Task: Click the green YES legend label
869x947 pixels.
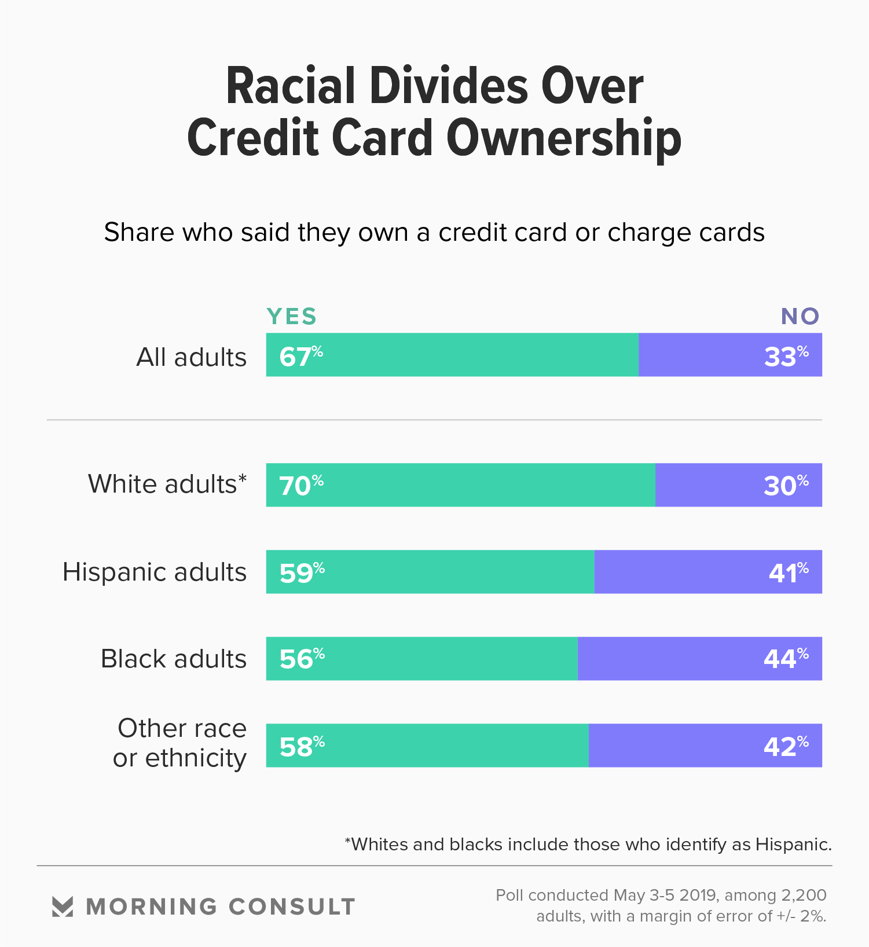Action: [x=292, y=317]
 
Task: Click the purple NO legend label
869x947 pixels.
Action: [x=800, y=317]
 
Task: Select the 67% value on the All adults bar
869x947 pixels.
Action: [x=300, y=356]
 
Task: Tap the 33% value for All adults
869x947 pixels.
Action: [x=786, y=356]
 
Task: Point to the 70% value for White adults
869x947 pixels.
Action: [x=301, y=485]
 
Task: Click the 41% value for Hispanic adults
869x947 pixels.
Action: [x=788, y=572]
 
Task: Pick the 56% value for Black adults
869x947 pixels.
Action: [x=302, y=659]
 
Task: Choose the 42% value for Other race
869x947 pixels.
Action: [x=786, y=746]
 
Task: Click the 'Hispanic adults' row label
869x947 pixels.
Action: [x=155, y=572]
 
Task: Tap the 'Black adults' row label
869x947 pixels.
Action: [x=174, y=659]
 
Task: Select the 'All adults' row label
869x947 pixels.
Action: [x=191, y=357]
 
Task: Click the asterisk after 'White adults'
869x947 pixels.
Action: [x=243, y=479]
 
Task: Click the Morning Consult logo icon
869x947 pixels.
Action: [x=63, y=906]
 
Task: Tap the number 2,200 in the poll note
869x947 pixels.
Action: [x=804, y=895]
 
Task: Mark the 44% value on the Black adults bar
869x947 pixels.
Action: [x=786, y=659]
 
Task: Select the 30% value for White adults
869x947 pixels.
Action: [x=786, y=485]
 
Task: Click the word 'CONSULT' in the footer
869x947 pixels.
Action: [x=292, y=906]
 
